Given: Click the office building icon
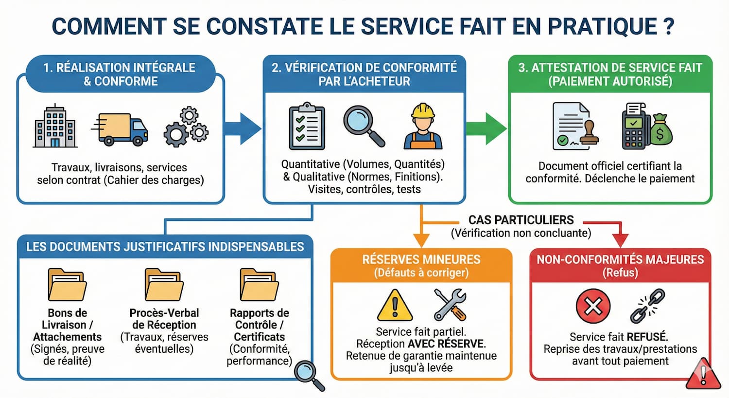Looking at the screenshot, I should click(x=55, y=126).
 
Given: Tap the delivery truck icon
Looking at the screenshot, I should click(x=121, y=129).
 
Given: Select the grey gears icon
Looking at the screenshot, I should click(x=186, y=127).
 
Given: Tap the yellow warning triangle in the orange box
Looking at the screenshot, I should click(x=395, y=306).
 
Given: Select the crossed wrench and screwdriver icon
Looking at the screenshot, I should click(x=450, y=305).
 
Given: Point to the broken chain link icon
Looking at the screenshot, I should click(x=647, y=306).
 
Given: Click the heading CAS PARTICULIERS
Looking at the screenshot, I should click(x=521, y=220).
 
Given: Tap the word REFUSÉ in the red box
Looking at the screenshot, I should click(x=647, y=337).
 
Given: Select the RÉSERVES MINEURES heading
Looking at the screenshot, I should click(x=421, y=259).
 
